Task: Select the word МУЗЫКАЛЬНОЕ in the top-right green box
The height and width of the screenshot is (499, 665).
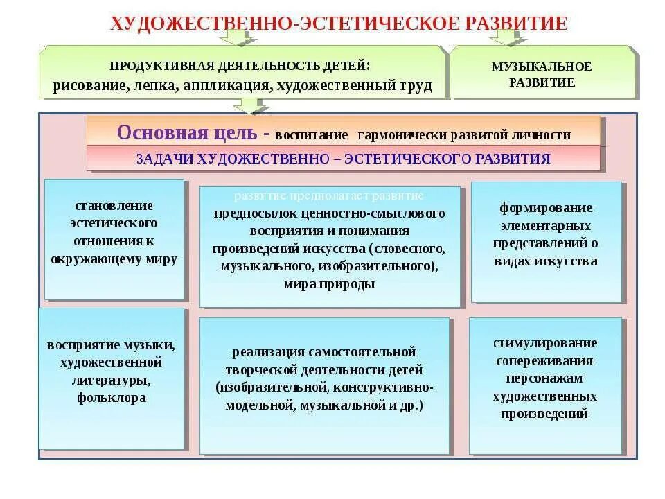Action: (542, 67)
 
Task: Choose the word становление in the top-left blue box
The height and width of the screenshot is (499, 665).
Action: (114, 206)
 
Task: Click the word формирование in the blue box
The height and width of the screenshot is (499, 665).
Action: (546, 208)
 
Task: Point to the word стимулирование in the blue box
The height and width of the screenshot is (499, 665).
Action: (545, 343)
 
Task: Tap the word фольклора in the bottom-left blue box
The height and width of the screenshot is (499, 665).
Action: (112, 398)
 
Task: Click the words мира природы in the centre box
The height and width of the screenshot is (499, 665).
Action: (329, 283)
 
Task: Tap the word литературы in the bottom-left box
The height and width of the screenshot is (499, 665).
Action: (111, 380)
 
